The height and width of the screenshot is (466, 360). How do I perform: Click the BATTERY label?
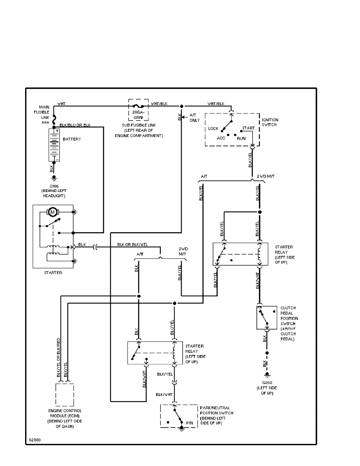pos(72,139)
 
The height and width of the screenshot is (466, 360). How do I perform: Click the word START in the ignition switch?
pos(248,128)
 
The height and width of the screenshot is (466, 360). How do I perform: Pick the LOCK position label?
pos(213,129)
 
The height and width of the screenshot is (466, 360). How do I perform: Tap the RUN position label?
pos(241,138)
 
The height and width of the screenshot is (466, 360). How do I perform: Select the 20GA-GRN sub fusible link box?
pos(139,109)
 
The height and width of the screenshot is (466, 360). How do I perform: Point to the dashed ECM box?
pos(65,395)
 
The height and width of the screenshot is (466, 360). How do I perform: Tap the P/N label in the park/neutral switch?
pos(189,422)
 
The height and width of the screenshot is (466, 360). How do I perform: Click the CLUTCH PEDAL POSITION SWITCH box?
pos(267,317)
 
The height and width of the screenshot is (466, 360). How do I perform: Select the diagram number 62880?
pos(34,439)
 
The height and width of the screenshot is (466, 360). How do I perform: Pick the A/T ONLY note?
pos(195,118)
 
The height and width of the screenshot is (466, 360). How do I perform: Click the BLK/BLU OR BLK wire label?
pos(75,125)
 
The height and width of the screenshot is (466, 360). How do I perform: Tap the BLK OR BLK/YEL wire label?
pos(133,245)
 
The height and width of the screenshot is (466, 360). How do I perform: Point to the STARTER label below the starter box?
pos(53,273)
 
